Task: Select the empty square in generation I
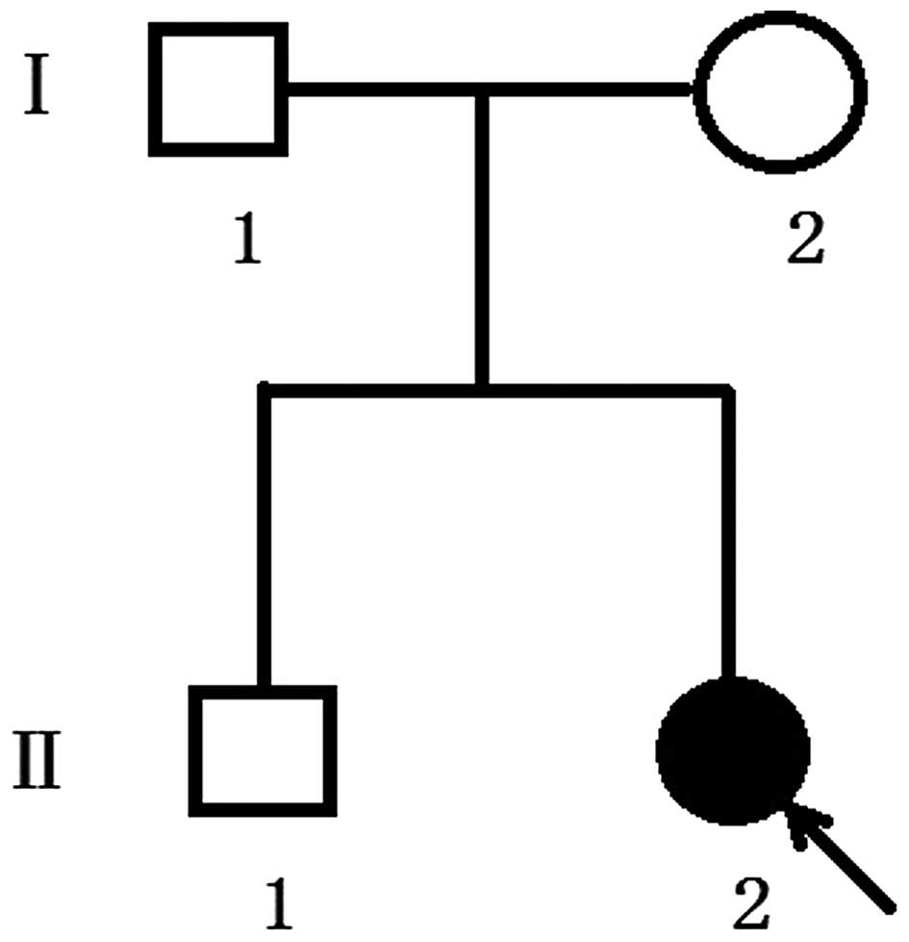tap(218, 89)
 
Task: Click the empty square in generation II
tap(263, 750)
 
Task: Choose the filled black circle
tap(733, 750)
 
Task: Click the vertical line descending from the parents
tap(483, 241)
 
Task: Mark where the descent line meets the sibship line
tap(483, 389)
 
